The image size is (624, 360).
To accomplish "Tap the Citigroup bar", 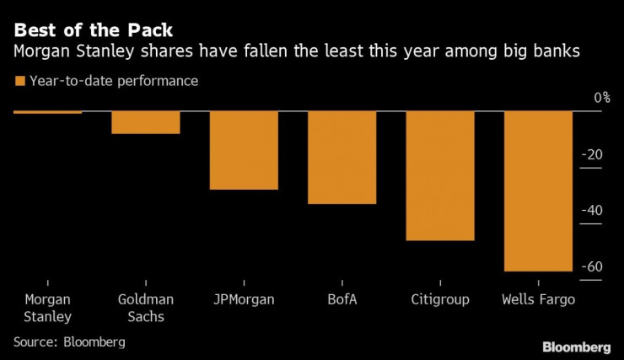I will click(440, 175).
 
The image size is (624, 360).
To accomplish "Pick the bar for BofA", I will click(342, 157).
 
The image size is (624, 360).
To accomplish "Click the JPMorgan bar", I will click(244, 150).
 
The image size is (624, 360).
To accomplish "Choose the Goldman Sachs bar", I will click(146, 122).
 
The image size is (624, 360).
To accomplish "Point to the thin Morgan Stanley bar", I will click(47, 112).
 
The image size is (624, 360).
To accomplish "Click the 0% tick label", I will click(601, 98).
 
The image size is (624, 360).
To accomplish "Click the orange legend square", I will click(19, 82).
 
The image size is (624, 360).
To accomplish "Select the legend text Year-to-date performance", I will click(113, 82).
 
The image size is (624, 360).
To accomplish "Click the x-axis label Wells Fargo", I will click(538, 299).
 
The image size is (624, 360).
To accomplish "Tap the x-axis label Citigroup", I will click(440, 299).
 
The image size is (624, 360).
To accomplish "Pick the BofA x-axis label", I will click(342, 299).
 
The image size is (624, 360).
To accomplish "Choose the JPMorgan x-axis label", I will click(244, 299).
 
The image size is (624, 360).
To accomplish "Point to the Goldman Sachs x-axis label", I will click(146, 308).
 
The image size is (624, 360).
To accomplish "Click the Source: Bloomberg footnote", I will click(69, 341).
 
